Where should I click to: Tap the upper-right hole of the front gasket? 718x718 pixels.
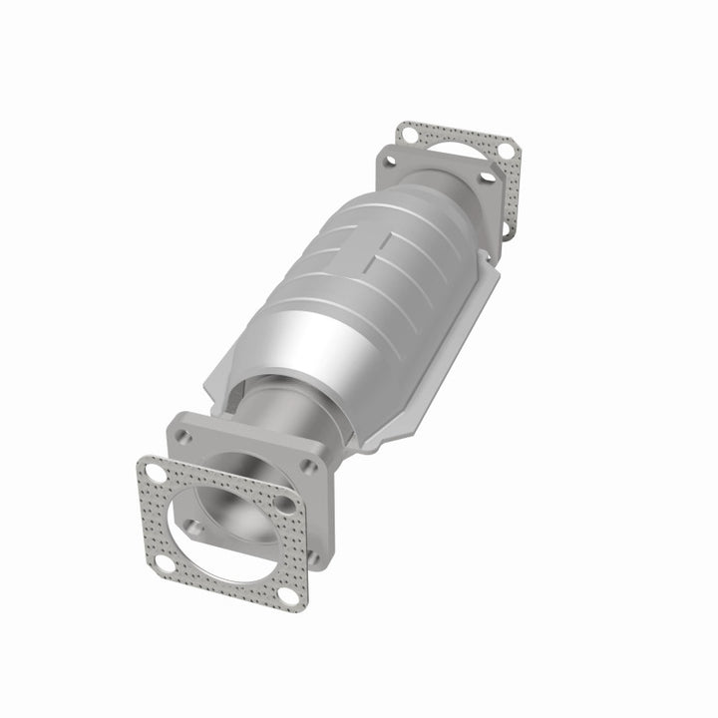point(285,504)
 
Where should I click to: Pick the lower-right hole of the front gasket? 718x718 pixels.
point(289,595)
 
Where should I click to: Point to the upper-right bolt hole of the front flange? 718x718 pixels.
point(309,466)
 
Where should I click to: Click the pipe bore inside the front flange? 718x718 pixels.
point(237,504)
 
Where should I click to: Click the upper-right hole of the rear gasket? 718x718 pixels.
point(507,150)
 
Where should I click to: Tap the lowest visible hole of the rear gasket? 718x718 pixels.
point(506,228)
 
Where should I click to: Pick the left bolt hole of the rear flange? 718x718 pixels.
point(390,160)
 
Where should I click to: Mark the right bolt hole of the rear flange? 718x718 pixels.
point(487,177)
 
